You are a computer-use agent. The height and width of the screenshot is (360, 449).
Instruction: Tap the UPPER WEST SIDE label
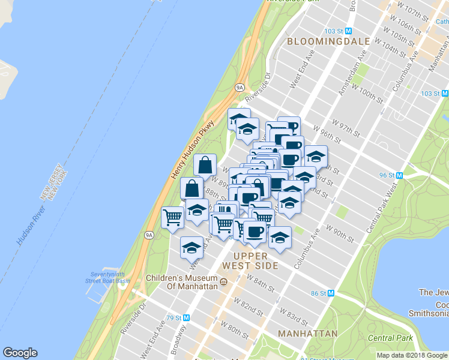click(250, 260)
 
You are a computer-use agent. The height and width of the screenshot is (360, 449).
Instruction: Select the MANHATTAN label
click(308, 333)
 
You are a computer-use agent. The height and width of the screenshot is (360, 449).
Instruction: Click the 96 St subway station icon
click(399, 175)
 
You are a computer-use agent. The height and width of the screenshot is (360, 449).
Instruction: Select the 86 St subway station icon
click(330, 293)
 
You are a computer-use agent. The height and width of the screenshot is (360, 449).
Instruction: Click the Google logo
click(20, 353)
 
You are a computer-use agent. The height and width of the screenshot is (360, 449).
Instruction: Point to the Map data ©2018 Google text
click(412, 355)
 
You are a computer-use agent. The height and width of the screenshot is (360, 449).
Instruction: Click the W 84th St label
click(261, 282)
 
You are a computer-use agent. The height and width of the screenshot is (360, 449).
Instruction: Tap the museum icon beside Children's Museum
click(223, 282)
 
